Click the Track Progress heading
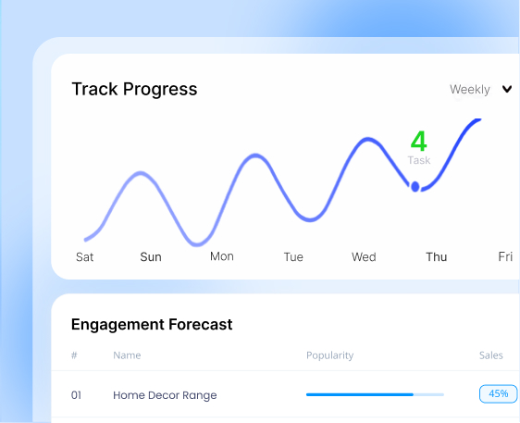134,89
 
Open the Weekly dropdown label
469,90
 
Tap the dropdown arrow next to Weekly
507,90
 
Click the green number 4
418,142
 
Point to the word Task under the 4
419,160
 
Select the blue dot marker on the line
415,187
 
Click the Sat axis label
84,257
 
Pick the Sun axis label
151,257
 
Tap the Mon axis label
222,256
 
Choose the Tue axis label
293,257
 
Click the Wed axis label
364,257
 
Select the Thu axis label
436,257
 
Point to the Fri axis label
505,256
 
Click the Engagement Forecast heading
152,325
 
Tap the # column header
74,355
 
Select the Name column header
127,355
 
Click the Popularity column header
329,355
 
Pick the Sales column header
492,355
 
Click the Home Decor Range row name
165,395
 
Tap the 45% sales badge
498,393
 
